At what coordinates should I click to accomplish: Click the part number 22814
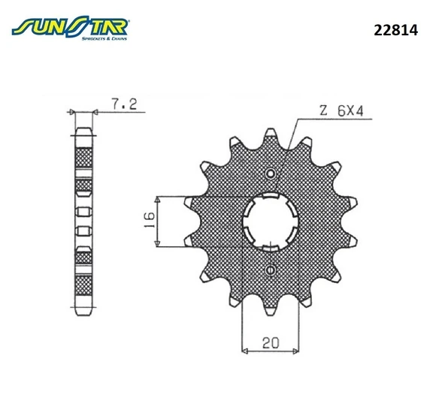[x=395, y=30]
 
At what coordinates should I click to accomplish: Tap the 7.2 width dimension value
[x=124, y=104]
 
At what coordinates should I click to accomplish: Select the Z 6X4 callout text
[x=341, y=110]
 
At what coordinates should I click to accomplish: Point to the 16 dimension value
[x=150, y=219]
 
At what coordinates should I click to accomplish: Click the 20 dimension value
[x=271, y=343]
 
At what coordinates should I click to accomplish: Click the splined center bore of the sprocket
[x=270, y=222]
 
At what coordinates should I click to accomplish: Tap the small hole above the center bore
[x=271, y=173]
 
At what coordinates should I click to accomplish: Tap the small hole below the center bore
[x=271, y=270]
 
